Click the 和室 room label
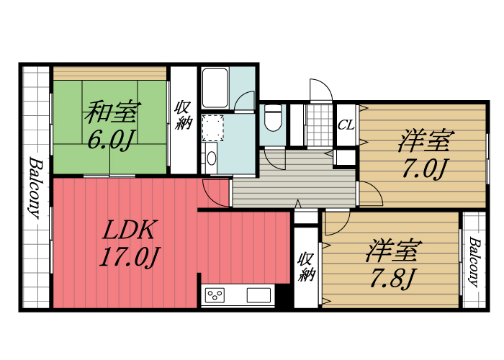(112, 113)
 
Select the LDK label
(130, 230)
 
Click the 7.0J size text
(425, 169)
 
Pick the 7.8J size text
(392, 277)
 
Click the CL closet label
(346, 124)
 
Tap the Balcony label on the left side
(35, 189)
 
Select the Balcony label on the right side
(474, 261)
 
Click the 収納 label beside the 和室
(183, 115)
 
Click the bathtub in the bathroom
(215, 88)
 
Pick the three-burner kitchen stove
(216, 294)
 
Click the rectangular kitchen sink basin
(258, 294)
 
